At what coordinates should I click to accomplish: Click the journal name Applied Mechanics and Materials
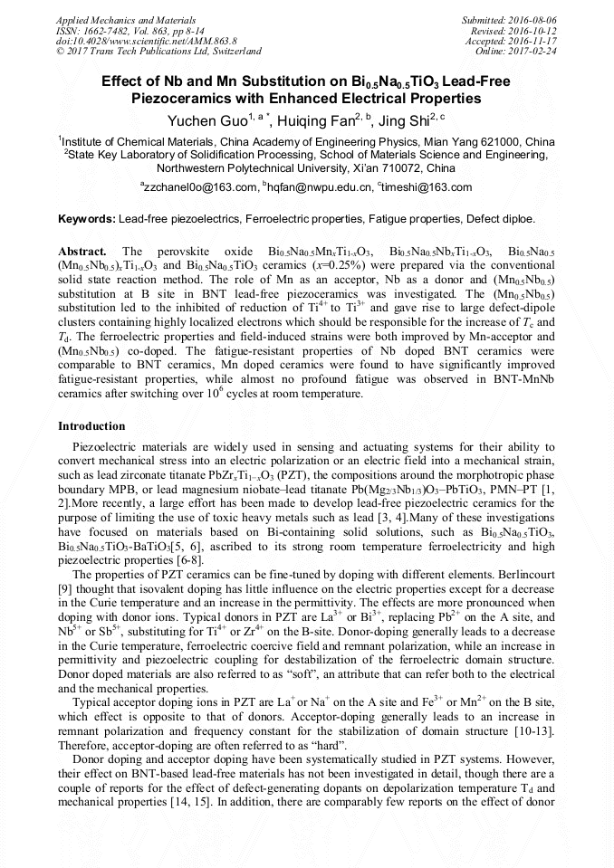pyautogui.click(x=114, y=20)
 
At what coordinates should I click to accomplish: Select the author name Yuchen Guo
pyautogui.click(x=204, y=120)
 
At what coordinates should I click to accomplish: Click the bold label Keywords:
pyautogui.click(x=86, y=219)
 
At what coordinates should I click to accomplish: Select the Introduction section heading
pyautogui.click(x=91, y=425)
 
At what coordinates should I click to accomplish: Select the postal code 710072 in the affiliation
pyautogui.click(x=433, y=168)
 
